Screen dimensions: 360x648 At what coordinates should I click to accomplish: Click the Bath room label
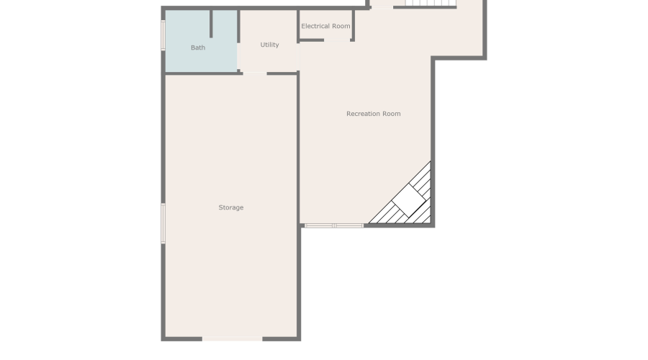tap(198, 48)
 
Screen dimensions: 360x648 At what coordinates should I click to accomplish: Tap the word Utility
tap(269, 45)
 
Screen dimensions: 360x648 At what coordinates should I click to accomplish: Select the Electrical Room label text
tap(325, 26)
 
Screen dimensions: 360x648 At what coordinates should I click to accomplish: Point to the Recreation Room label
tap(373, 114)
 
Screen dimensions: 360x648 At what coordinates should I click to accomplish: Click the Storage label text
tap(231, 207)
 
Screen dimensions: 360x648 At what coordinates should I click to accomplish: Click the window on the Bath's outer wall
tap(163, 35)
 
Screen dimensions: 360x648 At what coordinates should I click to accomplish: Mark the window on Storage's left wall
tap(163, 223)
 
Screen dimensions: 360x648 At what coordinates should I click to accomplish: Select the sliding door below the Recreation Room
tap(333, 225)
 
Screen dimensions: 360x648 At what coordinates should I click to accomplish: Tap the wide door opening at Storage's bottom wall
tap(232, 338)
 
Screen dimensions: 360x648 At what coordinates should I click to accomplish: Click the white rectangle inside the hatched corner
tap(409, 201)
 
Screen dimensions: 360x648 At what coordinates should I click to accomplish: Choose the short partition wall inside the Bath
tap(211, 23)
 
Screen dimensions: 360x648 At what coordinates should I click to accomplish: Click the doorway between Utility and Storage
tap(255, 73)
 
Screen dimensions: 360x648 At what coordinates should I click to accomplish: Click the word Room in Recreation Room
tap(392, 114)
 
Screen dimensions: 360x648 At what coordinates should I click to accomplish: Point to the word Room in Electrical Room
tap(341, 26)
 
